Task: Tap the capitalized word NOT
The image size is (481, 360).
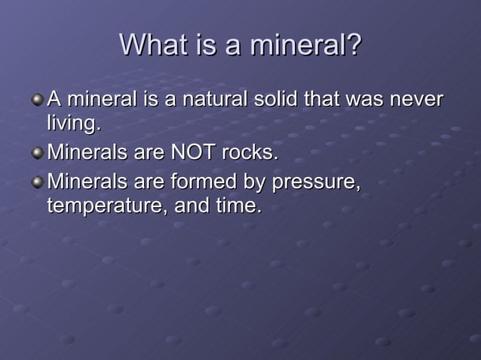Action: click(193, 153)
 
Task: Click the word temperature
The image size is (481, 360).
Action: click(107, 206)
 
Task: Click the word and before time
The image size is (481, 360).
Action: click(191, 206)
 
